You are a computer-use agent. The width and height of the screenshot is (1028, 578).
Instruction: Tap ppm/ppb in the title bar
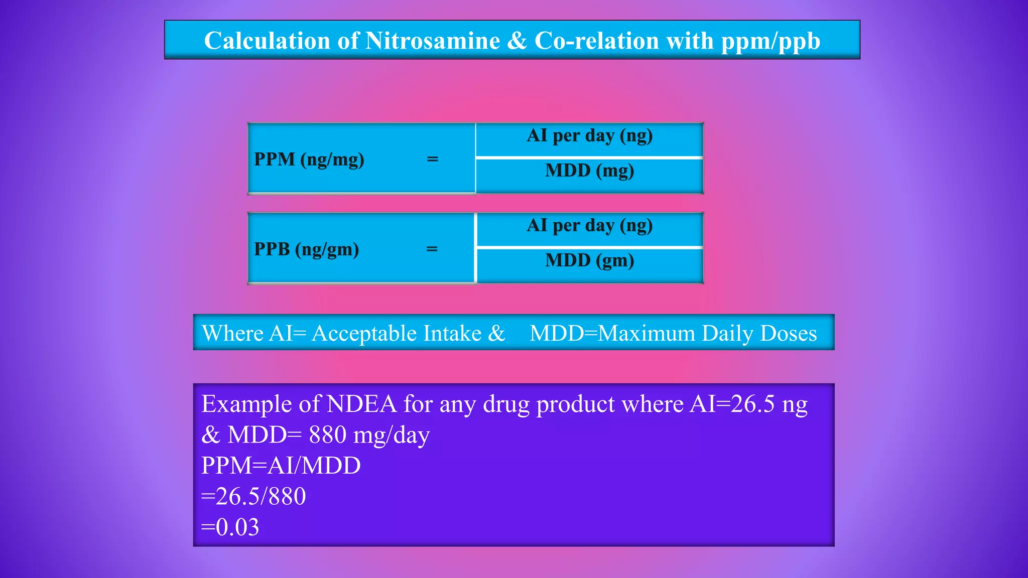coord(770,41)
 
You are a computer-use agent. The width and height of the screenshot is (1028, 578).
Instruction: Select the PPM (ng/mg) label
coord(309,159)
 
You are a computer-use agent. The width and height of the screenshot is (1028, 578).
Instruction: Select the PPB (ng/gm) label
coord(306,249)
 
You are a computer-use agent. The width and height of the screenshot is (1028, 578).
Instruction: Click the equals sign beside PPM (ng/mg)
coord(432,159)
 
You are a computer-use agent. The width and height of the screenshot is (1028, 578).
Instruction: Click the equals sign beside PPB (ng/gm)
coord(432,249)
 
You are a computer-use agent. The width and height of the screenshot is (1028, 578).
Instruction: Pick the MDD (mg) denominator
coord(589,171)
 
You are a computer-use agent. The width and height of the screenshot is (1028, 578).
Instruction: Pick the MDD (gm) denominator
coord(589,260)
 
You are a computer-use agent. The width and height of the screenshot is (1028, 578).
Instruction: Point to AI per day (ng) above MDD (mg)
coord(589,135)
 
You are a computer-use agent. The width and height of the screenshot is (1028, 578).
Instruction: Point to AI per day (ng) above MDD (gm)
coord(589,225)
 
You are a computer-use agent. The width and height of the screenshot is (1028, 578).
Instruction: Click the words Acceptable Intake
coord(397,333)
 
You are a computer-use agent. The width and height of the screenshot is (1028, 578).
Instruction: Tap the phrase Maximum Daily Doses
coord(708,333)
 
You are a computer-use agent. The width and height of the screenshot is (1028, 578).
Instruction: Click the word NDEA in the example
coord(361,404)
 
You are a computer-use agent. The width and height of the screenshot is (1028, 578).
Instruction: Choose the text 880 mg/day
coord(369,435)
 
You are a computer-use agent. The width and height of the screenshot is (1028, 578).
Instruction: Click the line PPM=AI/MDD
coord(281,466)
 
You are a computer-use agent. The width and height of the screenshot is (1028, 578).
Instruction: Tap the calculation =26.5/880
coord(253,496)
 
